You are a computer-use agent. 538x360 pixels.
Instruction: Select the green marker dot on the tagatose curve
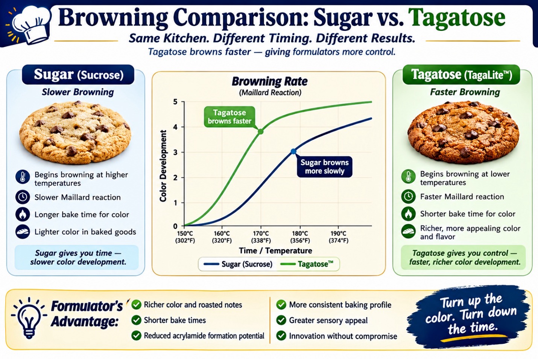[x=261, y=131]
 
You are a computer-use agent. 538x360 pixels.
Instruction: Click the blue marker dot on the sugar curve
[x=293, y=151]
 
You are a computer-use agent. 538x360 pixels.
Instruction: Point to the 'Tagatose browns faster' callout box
[x=229, y=117]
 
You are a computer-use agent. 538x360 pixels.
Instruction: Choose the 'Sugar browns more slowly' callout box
[x=324, y=167]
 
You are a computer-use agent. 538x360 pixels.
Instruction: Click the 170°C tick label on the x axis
[x=261, y=237]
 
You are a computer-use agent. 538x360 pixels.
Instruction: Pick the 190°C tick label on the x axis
[x=338, y=237]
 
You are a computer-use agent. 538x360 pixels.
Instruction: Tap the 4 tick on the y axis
[x=175, y=127]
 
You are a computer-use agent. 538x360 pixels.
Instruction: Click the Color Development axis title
[x=163, y=166]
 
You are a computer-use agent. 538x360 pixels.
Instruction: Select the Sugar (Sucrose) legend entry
[x=238, y=264]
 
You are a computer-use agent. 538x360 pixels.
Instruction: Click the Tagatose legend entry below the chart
[x=307, y=264]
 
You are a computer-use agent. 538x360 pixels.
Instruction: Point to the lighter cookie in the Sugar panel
[x=75, y=132]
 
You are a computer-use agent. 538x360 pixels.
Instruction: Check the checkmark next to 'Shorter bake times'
[x=137, y=320]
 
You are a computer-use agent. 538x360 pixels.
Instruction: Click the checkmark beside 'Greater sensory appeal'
[x=281, y=320]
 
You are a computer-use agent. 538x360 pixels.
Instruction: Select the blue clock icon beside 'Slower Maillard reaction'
[x=23, y=197]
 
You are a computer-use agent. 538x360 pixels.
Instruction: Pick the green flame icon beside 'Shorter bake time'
[x=408, y=214]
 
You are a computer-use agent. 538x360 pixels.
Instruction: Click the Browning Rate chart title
[x=270, y=81]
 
